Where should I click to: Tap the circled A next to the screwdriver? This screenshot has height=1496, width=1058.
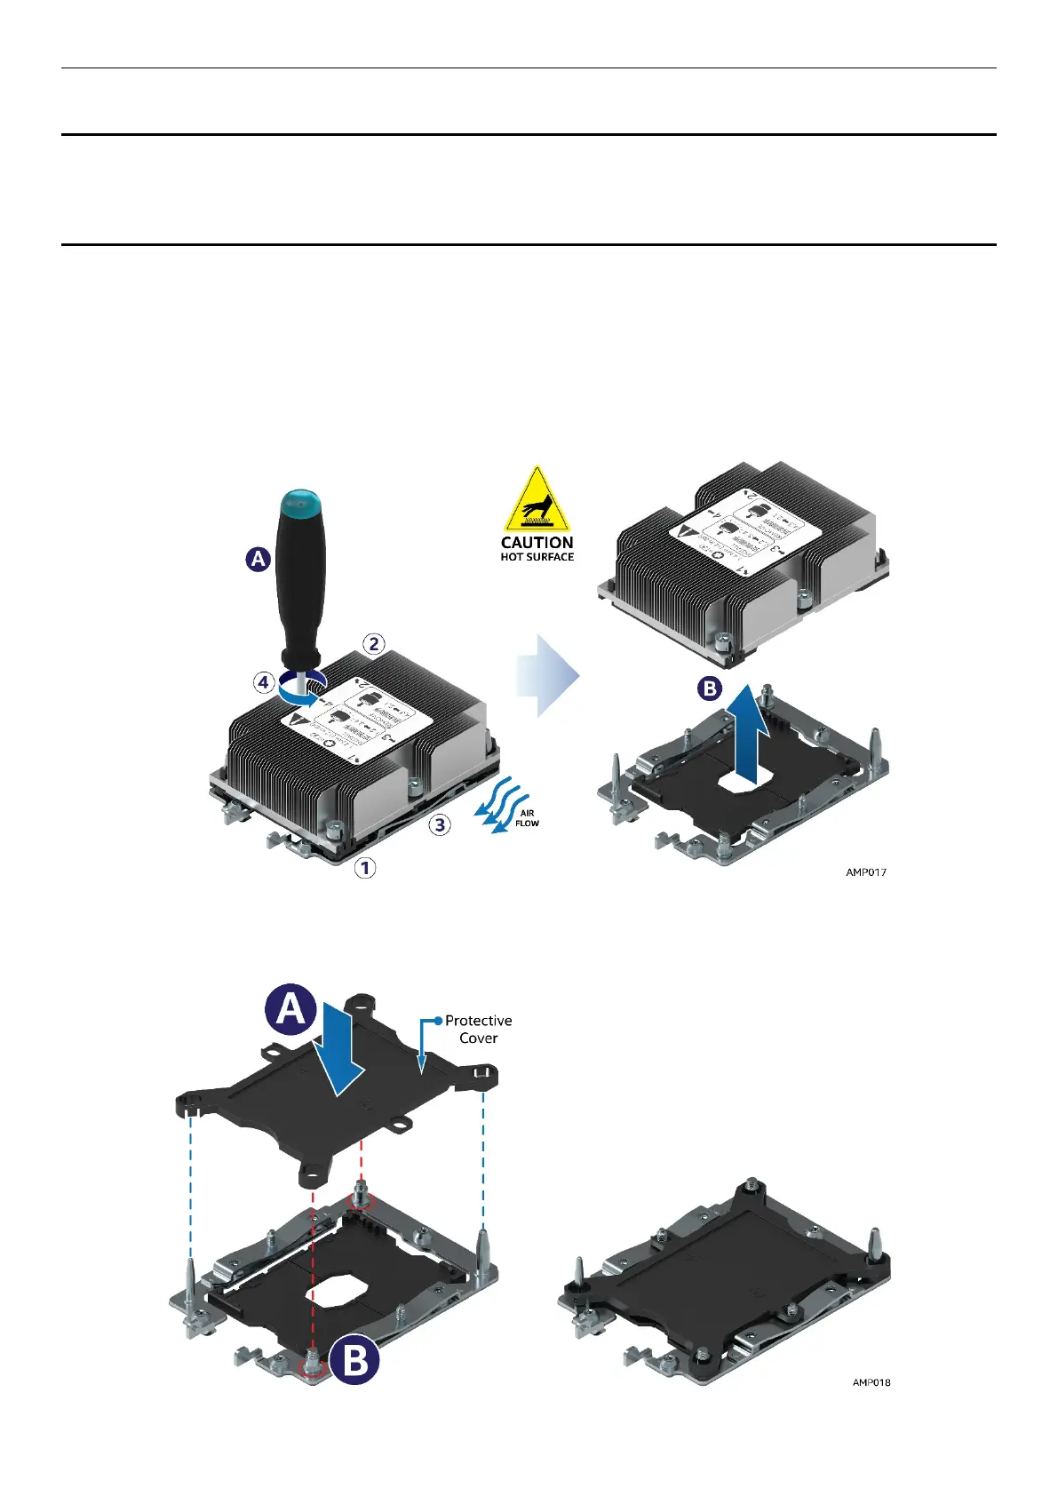point(258,559)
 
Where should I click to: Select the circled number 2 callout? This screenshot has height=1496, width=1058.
point(374,643)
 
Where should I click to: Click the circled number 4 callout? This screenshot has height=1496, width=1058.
point(263,682)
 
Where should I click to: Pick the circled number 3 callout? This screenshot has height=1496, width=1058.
point(440,824)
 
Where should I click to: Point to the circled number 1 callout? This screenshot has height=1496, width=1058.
point(365,867)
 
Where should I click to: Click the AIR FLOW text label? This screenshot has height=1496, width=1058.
point(527,818)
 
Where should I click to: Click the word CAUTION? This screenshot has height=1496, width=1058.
point(537,542)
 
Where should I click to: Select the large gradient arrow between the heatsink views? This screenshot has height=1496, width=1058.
point(548,675)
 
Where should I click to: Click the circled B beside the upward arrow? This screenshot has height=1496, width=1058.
point(710,688)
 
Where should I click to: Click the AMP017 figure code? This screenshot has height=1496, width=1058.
point(865,872)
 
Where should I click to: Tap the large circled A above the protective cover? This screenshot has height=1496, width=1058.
point(291,1010)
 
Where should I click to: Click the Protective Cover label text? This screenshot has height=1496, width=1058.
point(478,1029)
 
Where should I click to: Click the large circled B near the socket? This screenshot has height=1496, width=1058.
point(355,1359)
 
